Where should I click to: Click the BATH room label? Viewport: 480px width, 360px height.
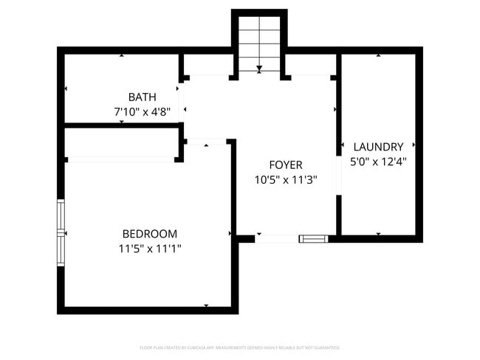click(x=141, y=97)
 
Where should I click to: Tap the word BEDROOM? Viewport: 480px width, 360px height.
click(x=150, y=233)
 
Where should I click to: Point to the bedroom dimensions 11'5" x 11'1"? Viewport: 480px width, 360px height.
click(x=150, y=249)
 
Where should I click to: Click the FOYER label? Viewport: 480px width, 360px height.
click(x=285, y=165)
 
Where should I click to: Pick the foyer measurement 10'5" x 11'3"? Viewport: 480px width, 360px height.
click(x=285, y=180)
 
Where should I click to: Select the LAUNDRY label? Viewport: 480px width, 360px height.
click(x=378, y=146)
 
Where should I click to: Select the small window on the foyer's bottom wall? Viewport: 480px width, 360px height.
click(x=313, y=238)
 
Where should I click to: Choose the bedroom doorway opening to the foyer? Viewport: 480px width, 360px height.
click(x=206, y=142)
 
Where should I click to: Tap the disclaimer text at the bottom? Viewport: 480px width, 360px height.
click(x=240, y=347)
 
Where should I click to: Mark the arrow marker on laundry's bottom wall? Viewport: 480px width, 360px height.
click(x=378, y=235)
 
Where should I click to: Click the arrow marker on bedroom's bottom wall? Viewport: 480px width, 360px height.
click(x=206, y=305)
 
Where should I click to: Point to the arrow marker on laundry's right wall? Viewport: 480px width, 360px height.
click(x=414, y=145)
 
